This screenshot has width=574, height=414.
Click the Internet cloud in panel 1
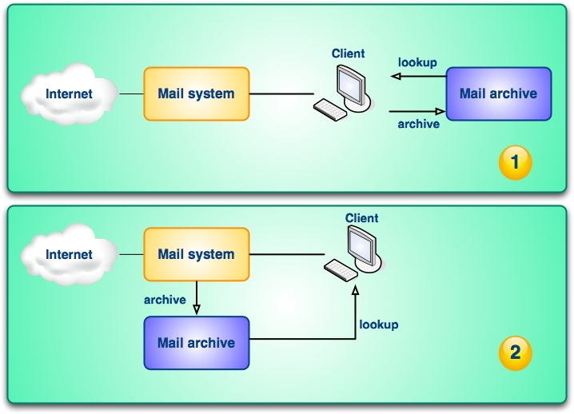click(x=68, y=94)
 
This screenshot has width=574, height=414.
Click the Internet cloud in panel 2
click(x=68, y=255)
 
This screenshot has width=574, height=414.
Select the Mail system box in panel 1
click(x=196, y=94)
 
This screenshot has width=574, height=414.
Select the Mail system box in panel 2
click(x=196, y=254)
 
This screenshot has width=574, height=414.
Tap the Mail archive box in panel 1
click(x=498, y=94)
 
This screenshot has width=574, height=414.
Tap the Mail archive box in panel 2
click(x=196, y=343)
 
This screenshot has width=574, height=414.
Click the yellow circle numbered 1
click(x=515, y=163)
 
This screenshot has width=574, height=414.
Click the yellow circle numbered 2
click(x=515, y=352)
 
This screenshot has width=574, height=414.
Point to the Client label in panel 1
click(x=348, y=54)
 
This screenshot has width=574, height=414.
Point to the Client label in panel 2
click(x=361, y=217)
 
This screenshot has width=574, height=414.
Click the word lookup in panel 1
click(x=417, y=62)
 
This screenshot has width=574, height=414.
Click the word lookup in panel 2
click(x=378, y=324)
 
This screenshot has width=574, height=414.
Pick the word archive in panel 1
click(x=418, y=124)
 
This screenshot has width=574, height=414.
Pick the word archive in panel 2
click(x=165, y=300)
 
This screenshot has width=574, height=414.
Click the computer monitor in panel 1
click(x=352, y=82)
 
